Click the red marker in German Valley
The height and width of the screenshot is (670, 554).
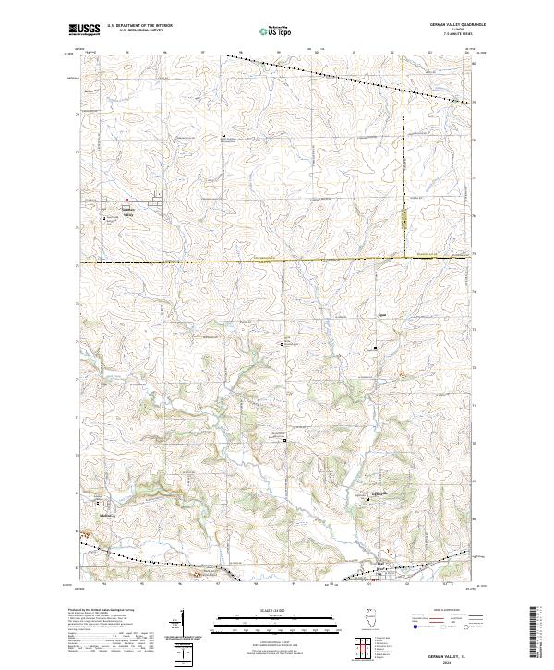127,200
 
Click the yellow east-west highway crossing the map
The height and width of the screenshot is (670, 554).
277,262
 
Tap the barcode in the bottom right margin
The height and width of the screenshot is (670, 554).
540,628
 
